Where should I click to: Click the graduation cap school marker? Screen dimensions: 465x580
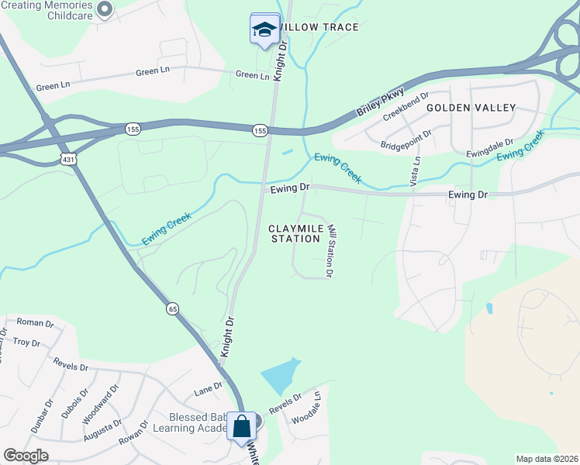pyautogui.click(x=264, y=29)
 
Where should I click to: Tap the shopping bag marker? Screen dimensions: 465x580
pyautogui.click(x=241, y=425)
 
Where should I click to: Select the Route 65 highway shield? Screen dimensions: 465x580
pyautogui.click(x=172, y=308)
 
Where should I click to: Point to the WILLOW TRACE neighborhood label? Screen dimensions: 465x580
pyautogui.click(x=319, y=28)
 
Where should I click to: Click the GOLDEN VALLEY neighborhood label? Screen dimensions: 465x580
pyautogui.click(x=471, y=108)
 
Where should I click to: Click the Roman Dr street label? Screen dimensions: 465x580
pyautogui.click(x=33, y=322)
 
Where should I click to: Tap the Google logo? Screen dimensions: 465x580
pyautogui.click(x=26, y=456)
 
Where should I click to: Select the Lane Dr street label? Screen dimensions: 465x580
pyautogui.click(x=208, y=388)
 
